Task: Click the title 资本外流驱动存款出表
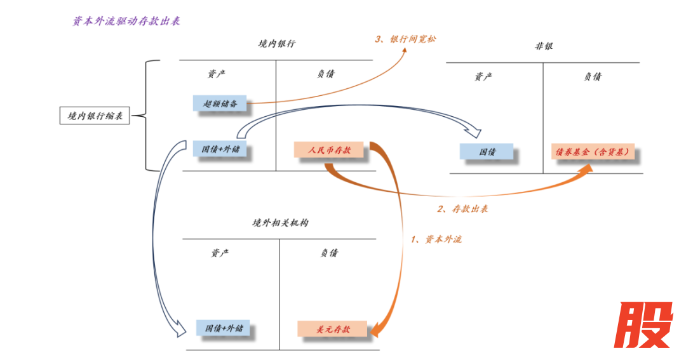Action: (x=126, y=21)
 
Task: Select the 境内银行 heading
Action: (x=276, y=44)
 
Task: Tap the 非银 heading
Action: (x=544, y=46)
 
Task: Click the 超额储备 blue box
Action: (x=220, y=103)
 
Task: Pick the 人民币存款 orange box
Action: (x=330, y=150)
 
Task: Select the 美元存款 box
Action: (x=333, y=330)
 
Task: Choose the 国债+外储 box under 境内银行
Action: (x=220, y=150)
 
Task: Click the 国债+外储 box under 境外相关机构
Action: (x=224, y=329)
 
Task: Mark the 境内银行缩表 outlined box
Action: (x=95, y=116)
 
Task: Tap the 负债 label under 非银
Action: (x=593, y=77)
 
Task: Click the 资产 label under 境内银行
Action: (x=217, y=74)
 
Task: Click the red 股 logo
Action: (x=644, y=324)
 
